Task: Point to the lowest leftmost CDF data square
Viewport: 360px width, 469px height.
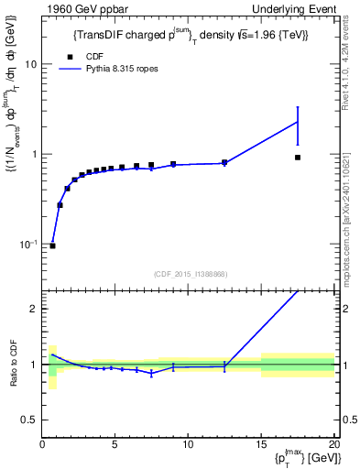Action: click(52, 245)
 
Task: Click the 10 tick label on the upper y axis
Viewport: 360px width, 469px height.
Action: click(31, 65)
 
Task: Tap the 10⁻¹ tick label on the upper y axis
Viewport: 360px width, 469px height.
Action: click(27, 244)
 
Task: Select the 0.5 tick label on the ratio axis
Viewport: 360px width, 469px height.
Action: click(30, 420)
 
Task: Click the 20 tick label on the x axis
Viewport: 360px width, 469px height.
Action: click(333, 445)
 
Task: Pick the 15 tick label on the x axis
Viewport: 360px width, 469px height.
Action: click(260, 445)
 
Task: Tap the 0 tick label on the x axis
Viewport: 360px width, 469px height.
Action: click(42, 445)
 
